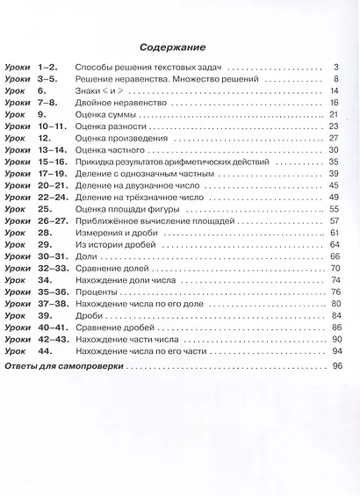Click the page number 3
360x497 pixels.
335,67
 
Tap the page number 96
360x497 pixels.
335,364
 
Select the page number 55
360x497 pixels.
334,208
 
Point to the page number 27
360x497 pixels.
334,138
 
